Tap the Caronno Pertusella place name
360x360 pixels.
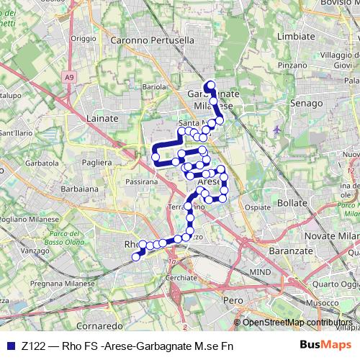point(153,41)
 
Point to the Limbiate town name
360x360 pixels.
point(295,35)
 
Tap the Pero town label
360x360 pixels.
point(233,299)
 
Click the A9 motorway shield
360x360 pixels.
point(68,76)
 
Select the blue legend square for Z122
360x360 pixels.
point(9,345)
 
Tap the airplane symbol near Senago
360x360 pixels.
point(278,130)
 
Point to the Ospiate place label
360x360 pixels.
point(257,207)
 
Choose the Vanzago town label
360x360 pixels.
point(34,251)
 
